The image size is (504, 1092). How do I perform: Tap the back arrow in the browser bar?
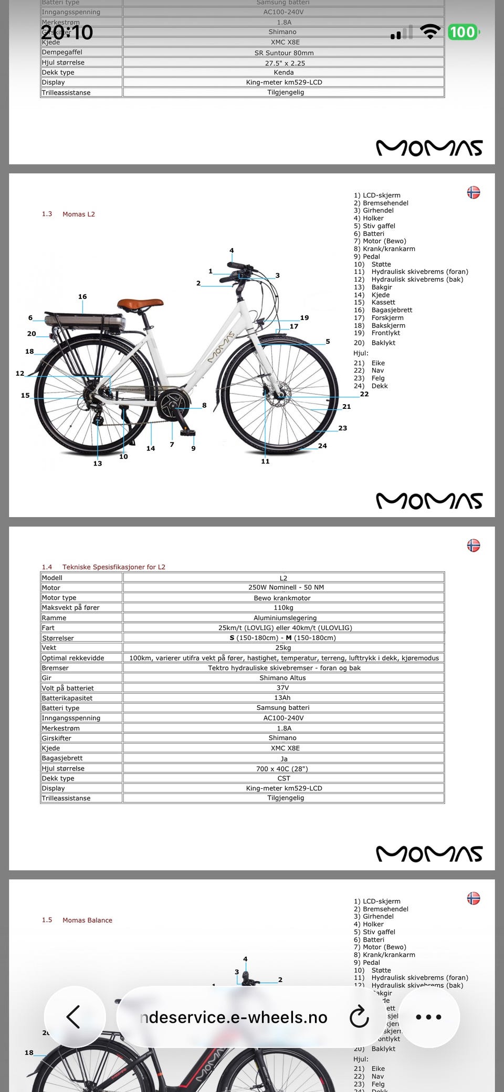click(x=74, y=1017)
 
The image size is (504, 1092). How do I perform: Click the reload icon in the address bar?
click(x=359, y=1017)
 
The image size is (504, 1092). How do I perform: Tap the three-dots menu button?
click(x=428, y=1017)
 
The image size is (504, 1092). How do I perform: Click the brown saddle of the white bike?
click(x=140, y=304)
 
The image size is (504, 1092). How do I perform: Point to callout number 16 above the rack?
click(x=82, y=297)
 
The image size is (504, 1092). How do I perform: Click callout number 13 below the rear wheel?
click(x=98, y=463)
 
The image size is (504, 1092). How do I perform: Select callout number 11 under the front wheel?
click(x=265, y=461)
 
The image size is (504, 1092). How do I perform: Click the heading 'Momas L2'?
click(x=79, y=214)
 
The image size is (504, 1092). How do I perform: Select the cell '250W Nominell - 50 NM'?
click(x=283, y=588)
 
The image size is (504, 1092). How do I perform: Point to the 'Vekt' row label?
click(x=49, y=648)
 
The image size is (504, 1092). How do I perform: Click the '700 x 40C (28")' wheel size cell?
click(x=283, y=768)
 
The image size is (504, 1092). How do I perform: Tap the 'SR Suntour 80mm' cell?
click(x=283, y=53)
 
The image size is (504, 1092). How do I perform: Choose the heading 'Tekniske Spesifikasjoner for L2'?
click(x=113, y=567)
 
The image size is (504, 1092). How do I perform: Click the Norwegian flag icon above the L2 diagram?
click(x=474, y=192)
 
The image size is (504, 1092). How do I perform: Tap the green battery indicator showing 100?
click(x=463, y=32)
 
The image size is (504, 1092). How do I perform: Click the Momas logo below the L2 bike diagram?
click(x=429, y=501)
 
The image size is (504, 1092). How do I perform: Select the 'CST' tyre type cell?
click(x=283, y=778)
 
